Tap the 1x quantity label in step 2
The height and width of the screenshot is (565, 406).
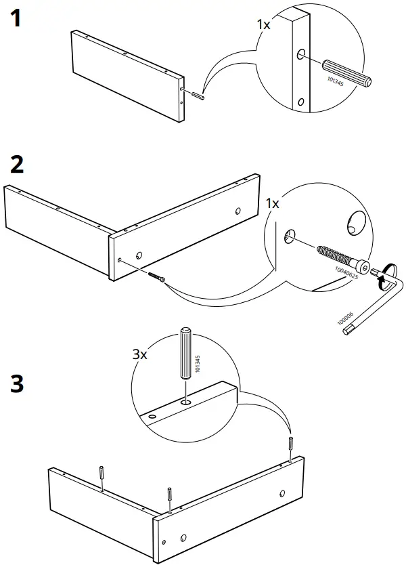pyautogui.click(x=273, y=203)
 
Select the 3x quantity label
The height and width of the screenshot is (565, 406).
pyautogui.click(x=139, y=353)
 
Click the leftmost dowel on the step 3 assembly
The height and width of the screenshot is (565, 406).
pyautogui.click(x=101, y=478)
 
